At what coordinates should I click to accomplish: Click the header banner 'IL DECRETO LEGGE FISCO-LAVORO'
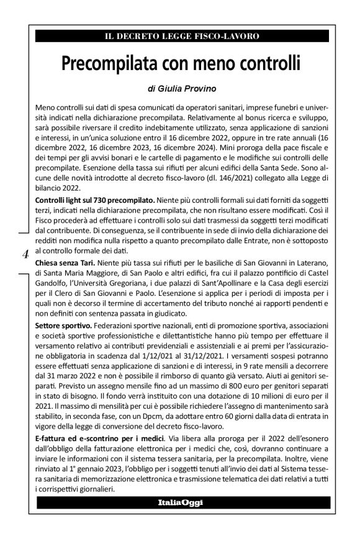point(182,37)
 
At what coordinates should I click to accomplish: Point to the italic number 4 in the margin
point(25,253)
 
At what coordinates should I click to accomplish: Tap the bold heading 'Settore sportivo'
point(64,326)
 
